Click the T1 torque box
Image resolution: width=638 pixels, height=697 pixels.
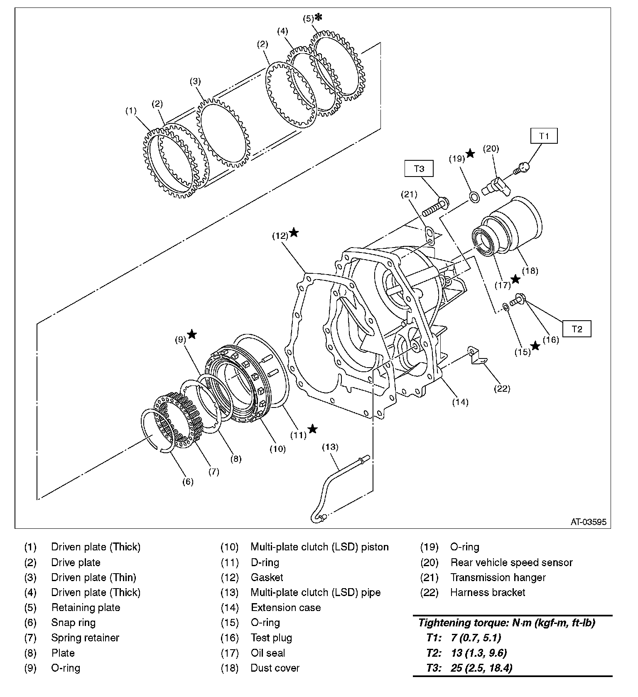coord(544,136)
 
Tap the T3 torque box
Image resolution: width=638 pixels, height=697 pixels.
coord(419,169)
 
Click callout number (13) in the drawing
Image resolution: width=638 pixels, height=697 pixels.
coord(331,447)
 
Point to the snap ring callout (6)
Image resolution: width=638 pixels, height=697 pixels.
coord(188,481)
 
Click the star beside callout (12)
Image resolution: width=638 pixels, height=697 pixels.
coord(294,233)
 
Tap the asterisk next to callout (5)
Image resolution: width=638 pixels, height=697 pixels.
coord(319,17)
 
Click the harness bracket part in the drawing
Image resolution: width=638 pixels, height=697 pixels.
coord(477,356)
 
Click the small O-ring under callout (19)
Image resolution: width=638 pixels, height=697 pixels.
coord(474,196)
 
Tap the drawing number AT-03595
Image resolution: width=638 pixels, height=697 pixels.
coord(588,522)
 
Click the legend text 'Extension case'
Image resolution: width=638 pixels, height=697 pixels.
coord(286,608)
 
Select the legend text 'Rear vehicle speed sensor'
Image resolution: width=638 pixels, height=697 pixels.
coord(511,562)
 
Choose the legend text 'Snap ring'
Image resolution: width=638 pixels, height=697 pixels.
coord(73,623)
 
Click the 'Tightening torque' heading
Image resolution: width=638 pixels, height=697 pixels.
coord(506,623)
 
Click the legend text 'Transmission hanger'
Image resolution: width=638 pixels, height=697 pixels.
coord(498,577)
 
